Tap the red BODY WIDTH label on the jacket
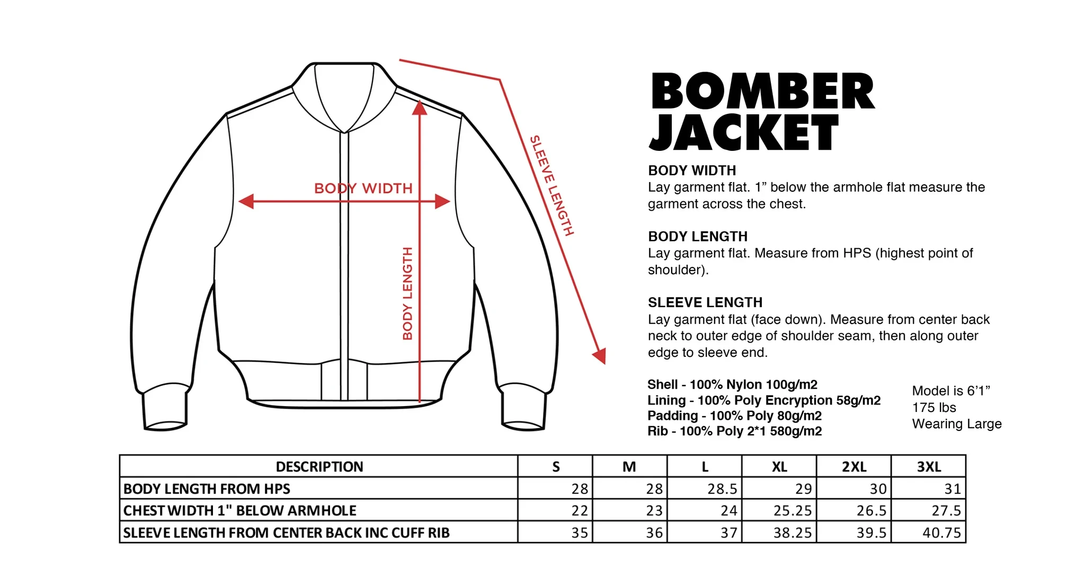click(363, 188)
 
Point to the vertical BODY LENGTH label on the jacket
click(407, 293)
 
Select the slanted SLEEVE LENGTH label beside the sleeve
click(552, 185)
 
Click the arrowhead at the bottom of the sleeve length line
click(600, 356)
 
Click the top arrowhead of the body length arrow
click(420, 108)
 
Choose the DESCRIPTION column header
click(319, 466)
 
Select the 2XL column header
click(854, 466)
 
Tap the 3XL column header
click(929, 466)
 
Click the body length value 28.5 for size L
click(722, 489)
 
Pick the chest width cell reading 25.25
click(793, 510)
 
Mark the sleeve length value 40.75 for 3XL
click(941, 533)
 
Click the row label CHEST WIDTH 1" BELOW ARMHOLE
click(239, 510)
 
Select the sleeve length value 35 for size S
click(580, 533)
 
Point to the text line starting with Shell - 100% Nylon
click(732, 384)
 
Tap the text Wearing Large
click(956, 424)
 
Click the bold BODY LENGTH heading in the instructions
click(698, 236)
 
